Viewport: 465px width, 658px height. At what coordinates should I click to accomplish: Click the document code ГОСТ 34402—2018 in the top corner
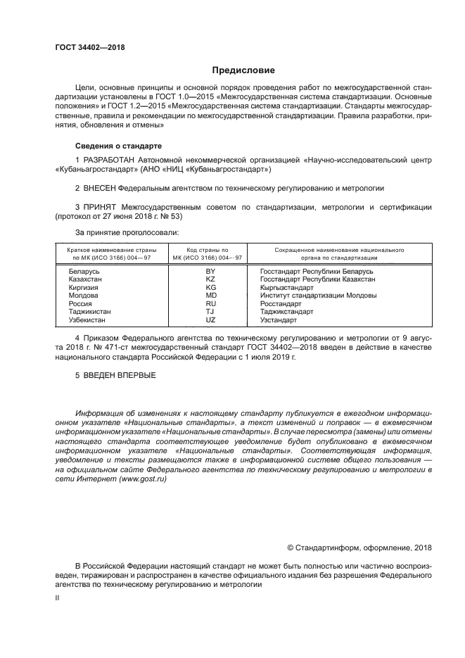coord(89,48)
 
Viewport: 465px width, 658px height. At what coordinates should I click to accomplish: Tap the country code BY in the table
coord(210,271)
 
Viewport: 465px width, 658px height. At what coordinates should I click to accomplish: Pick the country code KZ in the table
coord(210,279)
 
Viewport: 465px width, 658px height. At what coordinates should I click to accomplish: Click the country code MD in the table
coord(210,296)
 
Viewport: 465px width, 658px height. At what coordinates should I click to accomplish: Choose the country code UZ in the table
coord(210,319)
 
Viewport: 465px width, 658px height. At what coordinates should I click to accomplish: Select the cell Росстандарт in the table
coord(281,303)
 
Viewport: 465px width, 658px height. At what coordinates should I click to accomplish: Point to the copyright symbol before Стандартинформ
coord(291,548)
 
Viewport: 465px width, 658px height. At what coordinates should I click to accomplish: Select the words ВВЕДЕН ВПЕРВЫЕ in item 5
coord(119,374)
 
